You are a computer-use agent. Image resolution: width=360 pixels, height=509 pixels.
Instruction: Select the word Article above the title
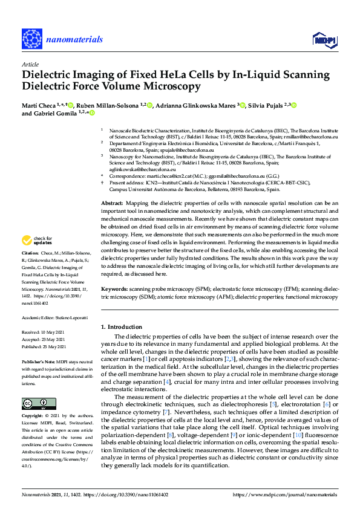pos(30,64)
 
